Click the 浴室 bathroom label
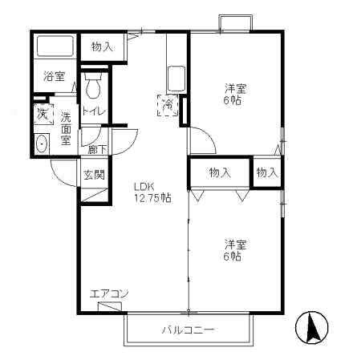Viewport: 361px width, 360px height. [54, 77]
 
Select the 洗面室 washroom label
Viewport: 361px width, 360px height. [66, 127]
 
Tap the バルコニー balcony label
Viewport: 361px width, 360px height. [188, 330]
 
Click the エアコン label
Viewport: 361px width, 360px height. [109, 293]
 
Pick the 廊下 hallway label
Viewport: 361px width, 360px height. [97, 149]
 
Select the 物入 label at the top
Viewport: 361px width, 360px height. [102, 47]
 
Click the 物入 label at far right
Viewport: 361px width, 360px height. [267, 172]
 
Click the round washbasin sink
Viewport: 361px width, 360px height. [42, 145]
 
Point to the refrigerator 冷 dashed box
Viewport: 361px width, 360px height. [168, 105]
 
